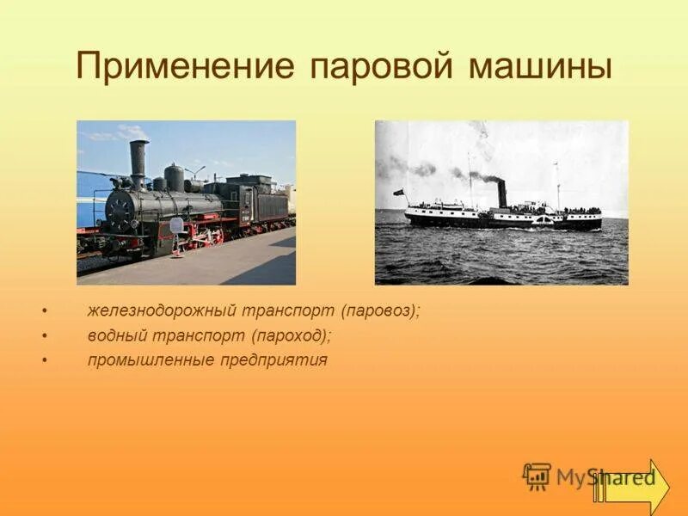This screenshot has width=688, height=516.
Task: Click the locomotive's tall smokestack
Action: point(138,163)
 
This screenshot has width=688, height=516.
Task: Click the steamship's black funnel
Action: point(502,193)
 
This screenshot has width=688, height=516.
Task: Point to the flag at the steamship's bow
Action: point(398,192)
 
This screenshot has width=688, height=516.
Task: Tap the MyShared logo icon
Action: point(537,476)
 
